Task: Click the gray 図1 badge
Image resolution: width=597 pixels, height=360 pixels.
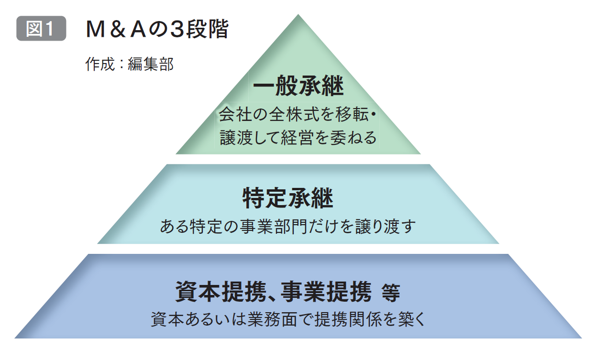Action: (x=41, y=28)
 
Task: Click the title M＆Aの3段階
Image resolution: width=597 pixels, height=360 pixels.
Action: (x=157, y=29)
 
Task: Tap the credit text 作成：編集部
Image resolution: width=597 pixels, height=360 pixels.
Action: (x=130, y=64)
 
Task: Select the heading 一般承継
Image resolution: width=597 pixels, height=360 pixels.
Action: (x=298, y=85)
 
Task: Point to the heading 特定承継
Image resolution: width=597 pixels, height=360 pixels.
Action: (x=288, y=198)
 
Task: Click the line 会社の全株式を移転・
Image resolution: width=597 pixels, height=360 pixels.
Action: (x=298, y=114)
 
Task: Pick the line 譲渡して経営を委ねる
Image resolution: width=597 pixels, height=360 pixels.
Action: (x=298, y=138)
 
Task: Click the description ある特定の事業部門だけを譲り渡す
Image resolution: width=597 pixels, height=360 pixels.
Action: (x=288, y=227)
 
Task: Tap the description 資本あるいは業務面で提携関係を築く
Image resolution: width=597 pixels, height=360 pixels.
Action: (x=288, y=319)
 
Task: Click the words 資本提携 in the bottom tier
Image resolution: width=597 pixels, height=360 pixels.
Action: (x=221, y=292)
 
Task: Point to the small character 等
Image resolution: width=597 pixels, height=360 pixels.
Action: (x=391, y=293)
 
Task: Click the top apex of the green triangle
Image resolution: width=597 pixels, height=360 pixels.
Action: (x=298, y=14)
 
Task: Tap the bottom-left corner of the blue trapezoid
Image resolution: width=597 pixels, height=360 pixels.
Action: (x=15, y=338)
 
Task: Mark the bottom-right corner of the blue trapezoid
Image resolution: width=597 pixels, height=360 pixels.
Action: (x=582, y=338)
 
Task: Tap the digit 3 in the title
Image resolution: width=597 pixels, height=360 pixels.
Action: (x=178, y=29)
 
